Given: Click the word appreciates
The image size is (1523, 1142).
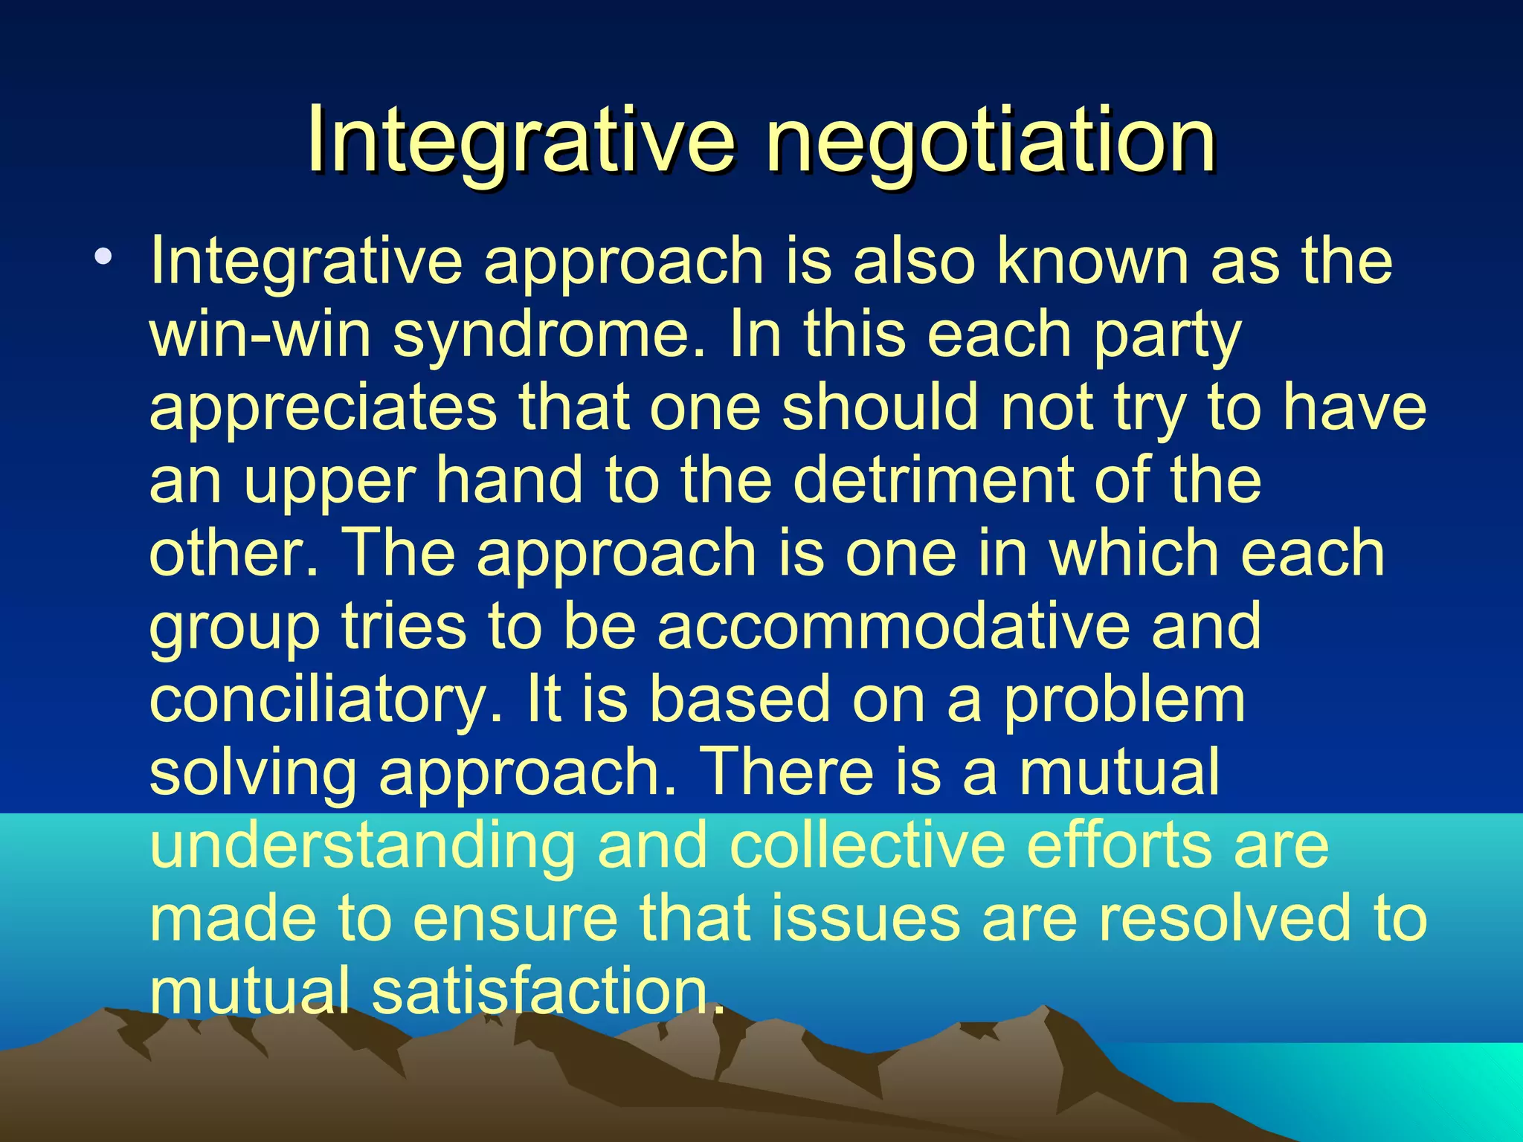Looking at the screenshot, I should click(x=323, y=407).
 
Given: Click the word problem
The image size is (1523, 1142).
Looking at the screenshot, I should click(x=1124, y=700).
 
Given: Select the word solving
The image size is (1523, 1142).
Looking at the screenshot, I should click(x=253, y=772).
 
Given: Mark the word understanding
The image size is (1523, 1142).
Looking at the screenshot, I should click(x=362, y=845).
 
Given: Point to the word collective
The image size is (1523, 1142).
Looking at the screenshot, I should click(x=866, y=845).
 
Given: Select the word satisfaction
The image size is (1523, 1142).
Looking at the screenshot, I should click(x=547, y=991).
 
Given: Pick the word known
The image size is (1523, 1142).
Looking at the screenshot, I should click(x=1093, y=261).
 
